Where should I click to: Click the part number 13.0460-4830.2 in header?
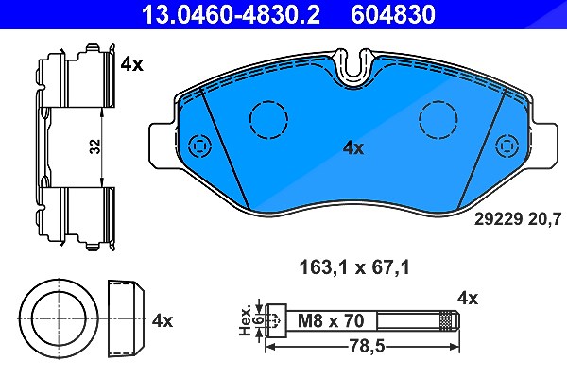(231, 14)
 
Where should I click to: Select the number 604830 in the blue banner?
(393, 14)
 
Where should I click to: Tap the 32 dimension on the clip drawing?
(95, 146)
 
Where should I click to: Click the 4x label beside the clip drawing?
(132, 64)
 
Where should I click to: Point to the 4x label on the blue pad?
(353, 148)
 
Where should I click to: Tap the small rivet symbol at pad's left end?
(199, 146)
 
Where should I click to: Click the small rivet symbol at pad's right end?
(507, 146)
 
